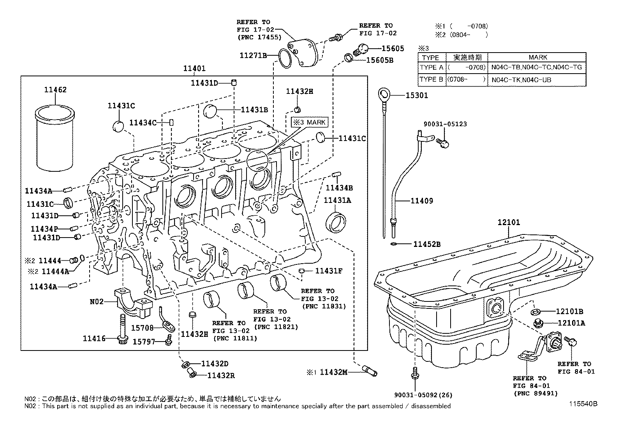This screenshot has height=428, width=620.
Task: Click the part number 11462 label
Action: click(x=55, y=90)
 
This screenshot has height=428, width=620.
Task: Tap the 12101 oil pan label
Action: click(x=509, y=223)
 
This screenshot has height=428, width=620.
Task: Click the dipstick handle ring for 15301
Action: click(x=384, y=94)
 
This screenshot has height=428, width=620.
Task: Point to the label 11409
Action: click(x=421, y=201)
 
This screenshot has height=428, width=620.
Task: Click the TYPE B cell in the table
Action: click(x=431, y=79)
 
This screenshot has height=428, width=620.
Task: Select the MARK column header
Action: click(x=538, y=57)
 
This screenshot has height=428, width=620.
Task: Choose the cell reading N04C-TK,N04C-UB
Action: click(x=521, y=80)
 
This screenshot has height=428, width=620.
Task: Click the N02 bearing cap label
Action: click(x=97, y=301)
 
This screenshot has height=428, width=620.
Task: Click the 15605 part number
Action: click(x=393, y=49)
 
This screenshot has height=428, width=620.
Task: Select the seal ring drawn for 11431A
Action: click(x=335, y=221)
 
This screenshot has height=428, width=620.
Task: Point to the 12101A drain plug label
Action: click(x=571, y=323)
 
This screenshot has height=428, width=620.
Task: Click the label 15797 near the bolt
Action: click(x=144, y=342)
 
